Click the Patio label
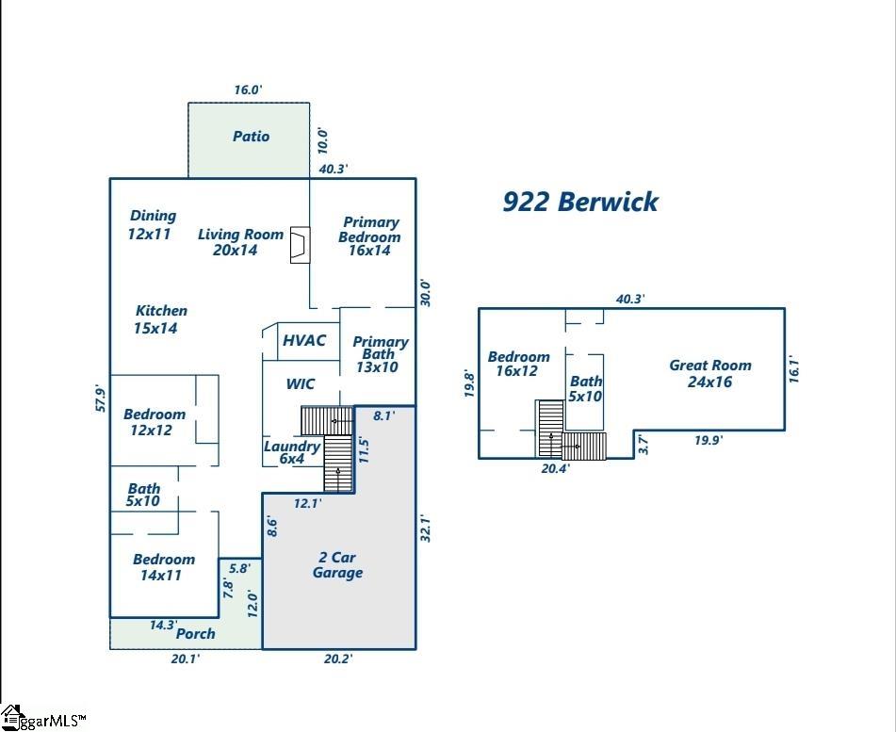[251, 137]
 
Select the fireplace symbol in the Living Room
[300, 244]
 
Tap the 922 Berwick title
[579, 202]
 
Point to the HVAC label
[304, 340]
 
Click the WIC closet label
[301, 384]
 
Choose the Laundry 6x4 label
[291, 452]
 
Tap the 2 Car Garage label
[337, 565]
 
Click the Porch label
[196, 634]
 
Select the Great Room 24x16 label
[710, 373]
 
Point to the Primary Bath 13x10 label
[380, 354]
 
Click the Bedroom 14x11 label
[163, 567]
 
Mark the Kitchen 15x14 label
[160, 319]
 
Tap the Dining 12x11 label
[152, 224]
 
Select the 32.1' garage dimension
[426, 528]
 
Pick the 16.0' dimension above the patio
[248, 90]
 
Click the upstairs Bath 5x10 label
[586, 388]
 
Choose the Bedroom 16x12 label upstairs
[518, 364]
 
